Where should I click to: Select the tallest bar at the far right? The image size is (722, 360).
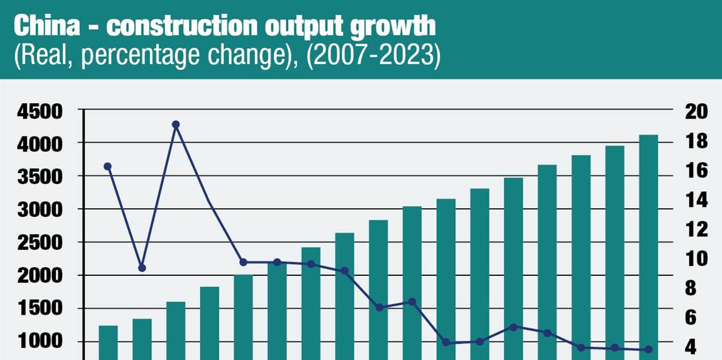point(648,246)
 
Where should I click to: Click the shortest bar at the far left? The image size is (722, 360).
point(108,342)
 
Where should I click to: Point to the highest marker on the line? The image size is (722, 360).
point(176,124)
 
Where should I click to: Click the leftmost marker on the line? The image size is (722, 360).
point(108,166)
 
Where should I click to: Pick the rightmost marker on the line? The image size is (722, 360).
point(649,349)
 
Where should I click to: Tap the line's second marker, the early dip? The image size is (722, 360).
point(142,268)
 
